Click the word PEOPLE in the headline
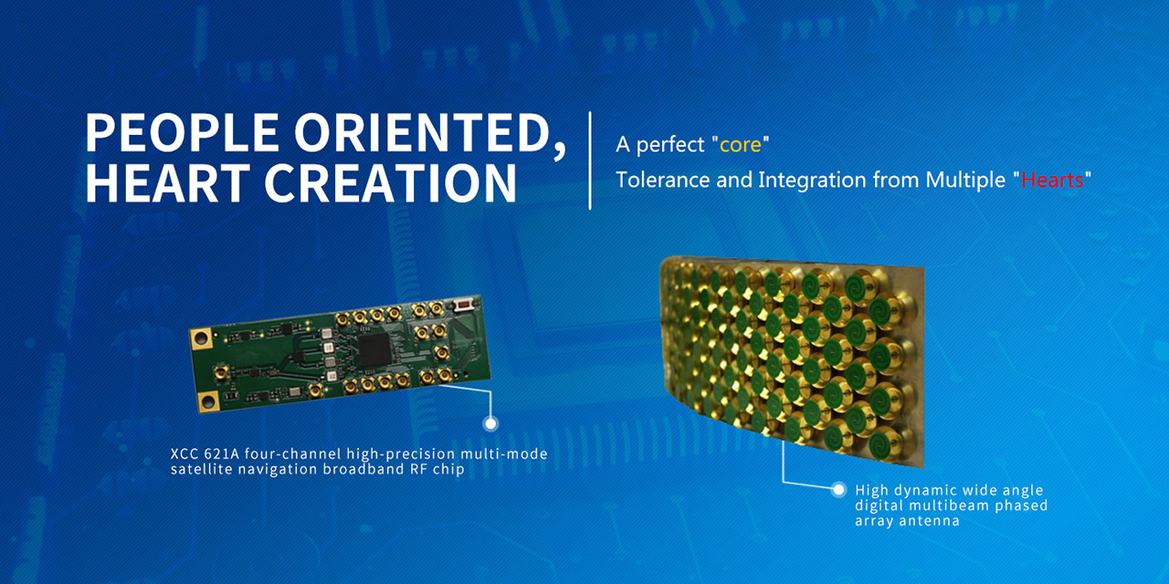tap(182, 132)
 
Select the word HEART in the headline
tap(167, 182)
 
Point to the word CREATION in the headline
tap(390, 182)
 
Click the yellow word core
tap(740, 145)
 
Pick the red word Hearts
tap(1052, 180)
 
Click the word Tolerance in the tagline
tap(662, 180)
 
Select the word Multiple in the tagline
tap(965, 181)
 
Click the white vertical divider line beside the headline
tap(590, 161)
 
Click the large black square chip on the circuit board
tap(374, 349)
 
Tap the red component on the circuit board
tap(463, 304)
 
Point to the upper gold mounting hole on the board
tap(202, 339)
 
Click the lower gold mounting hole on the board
tap(208, 401)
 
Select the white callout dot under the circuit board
tap(490, 424)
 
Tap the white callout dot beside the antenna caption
tap(838, 490)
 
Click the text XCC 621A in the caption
tap(205, 454)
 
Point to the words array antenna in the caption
tap(907, 521)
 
